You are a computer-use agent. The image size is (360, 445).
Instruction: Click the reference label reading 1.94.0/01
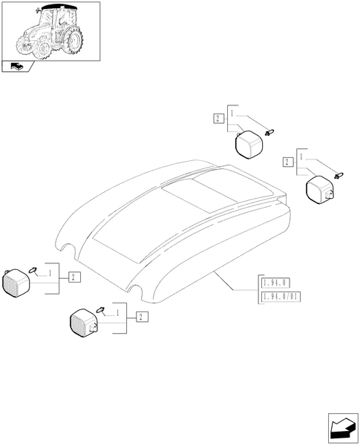[x=281, y=297]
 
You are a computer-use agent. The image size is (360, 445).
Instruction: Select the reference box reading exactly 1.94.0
[x=275, y=283]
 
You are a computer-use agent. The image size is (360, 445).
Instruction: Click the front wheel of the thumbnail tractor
[x=45, y=50]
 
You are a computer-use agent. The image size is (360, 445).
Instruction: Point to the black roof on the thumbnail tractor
[x=59, y=6]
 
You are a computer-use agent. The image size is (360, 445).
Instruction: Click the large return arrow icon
[x=343, y=428]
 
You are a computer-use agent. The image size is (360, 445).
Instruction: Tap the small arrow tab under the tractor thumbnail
[x=18, y=67]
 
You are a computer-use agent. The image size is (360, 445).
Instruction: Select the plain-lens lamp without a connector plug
[x=249, y=144]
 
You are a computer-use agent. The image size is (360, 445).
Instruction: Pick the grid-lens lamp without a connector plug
[x=16, y=283]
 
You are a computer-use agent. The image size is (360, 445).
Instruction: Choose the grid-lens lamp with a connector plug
[x=84, y=323]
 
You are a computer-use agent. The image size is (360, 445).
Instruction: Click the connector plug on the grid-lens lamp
[x=94, y=329]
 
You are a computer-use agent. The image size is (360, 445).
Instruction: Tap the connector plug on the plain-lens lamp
[x=330, y=194]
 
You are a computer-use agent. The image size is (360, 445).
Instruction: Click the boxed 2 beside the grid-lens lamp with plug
[x=143, y=317]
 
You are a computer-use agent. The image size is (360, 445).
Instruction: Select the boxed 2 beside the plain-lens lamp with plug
[x=287, y=162]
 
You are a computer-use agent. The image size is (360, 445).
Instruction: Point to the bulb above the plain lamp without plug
[x=269, y=132]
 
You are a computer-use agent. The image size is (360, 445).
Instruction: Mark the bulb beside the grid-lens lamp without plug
[x=33, y=269]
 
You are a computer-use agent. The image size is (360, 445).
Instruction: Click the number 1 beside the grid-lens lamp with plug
[x=117, y=313]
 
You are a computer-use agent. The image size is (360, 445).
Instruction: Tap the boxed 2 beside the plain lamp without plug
[x=218, y=119]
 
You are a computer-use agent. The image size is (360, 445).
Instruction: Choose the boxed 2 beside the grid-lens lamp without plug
[x=74, y=277]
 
